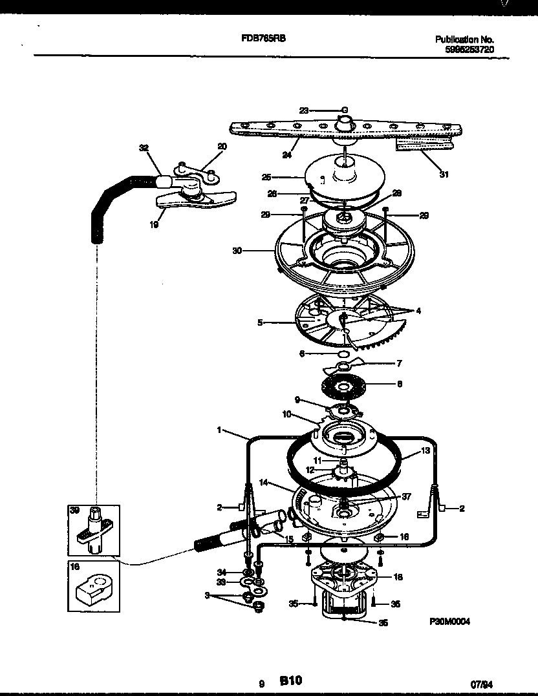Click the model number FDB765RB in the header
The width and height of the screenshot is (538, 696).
[263, 39]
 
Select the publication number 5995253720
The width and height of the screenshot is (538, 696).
[470, 49]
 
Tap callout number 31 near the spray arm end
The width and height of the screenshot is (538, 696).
[444, 174]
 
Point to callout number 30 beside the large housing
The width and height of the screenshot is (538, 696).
[237, 251]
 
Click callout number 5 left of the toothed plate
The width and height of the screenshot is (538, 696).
[260, 322]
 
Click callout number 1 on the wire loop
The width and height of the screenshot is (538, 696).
[220, 430]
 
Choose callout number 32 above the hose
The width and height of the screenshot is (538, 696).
[144, 148]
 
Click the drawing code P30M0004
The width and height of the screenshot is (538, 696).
[449, 621]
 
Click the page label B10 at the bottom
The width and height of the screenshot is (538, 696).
[290, 680]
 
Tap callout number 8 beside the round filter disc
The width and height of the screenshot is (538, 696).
[399, 383]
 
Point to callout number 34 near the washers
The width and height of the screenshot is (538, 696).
[221, 573]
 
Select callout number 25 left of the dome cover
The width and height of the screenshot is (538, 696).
[265, 176]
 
